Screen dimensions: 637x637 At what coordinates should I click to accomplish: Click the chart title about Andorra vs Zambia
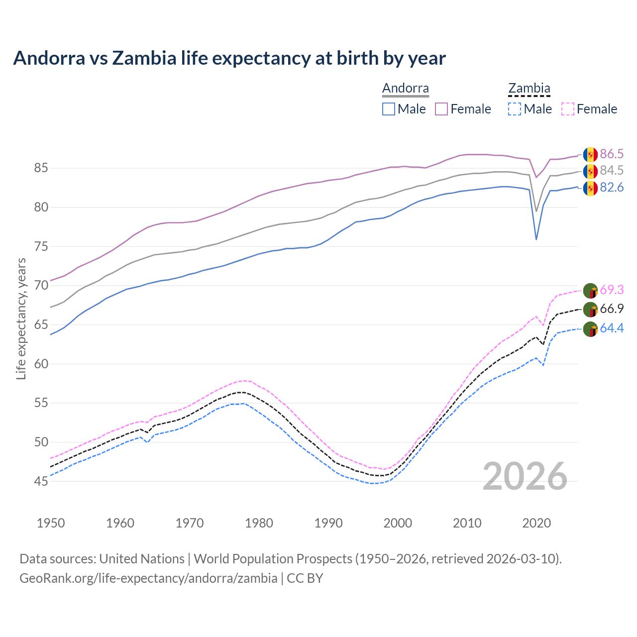pos(229,58)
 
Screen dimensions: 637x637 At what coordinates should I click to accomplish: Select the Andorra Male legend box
pos(389,109)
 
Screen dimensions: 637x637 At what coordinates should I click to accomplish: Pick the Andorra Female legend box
pos(441,109)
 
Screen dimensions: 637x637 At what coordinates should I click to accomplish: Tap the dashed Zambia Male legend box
pos(515,109)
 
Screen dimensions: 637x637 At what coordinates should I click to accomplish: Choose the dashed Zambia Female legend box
pos(568,109)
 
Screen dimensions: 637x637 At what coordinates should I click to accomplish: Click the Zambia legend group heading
pos(529,89)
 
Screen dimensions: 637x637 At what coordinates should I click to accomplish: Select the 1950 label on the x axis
pos(51,523)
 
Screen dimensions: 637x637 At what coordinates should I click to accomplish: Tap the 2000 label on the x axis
pos(398,523)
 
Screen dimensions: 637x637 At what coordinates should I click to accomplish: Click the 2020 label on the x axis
pos(536,523)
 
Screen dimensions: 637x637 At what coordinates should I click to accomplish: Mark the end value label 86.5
pos(612,154)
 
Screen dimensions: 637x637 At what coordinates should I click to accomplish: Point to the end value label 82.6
pos(612,188)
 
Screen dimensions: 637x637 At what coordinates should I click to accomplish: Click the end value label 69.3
pos(612,290)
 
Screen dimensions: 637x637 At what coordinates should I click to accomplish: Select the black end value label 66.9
pos(612,309)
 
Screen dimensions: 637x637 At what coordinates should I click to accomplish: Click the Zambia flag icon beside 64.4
pos(590,329)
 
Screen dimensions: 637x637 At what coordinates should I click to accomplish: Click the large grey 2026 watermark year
pos(525,476)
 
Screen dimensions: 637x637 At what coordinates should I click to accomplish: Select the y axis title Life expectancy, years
pos(21,318)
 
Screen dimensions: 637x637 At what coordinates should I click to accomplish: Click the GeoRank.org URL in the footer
pos(148,578)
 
